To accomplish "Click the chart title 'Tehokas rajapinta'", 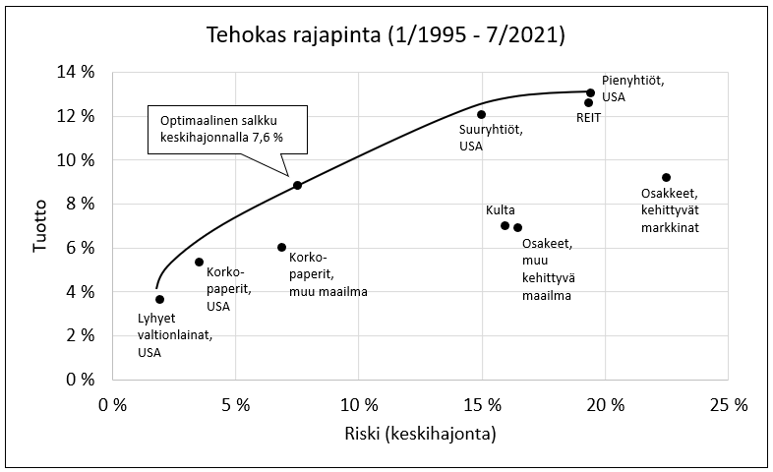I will (386, 35).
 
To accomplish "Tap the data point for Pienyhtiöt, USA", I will (590, 92).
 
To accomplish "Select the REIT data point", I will (588, 102).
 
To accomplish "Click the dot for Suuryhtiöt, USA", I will (481, 114).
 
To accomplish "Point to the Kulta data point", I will (505, 225).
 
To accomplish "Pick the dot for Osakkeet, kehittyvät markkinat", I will (666, 177).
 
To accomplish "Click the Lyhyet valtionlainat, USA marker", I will (159, 299).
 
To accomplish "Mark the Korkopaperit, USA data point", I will (199, 262).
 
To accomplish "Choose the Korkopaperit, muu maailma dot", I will (282, 247).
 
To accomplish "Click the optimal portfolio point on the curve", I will (297, 185).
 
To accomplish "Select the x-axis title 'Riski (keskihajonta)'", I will (419, 434).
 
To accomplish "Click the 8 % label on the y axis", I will (79, 204).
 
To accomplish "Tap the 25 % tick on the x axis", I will (728, 404).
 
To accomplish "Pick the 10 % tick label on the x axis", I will (358, 404).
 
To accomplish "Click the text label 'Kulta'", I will (500, 209).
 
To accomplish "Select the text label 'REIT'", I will (588, 118).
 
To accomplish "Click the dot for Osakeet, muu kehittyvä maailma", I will (517, 227).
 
